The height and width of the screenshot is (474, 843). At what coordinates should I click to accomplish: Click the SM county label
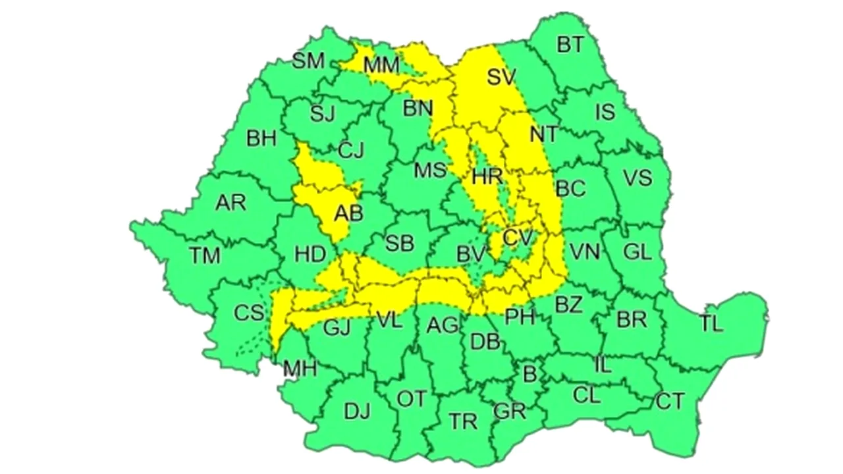(308, 61)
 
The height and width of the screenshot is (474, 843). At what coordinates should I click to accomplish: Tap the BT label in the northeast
(570, 45)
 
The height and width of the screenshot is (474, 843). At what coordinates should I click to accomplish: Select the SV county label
(503, 77)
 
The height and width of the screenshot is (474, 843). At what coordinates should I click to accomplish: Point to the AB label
(348, 213)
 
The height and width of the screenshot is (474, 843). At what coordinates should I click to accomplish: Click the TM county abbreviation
(205, 255)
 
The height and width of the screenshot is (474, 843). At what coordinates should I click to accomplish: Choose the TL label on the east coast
(711, 323)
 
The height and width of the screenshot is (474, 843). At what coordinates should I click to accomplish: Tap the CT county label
(670, 400)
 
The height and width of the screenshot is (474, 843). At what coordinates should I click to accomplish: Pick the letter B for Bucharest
(529, 375)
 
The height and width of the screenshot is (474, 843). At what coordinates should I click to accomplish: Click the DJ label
(357, 411)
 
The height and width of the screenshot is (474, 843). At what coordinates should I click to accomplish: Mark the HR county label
(487, 176)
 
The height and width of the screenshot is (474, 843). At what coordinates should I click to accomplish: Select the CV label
(517, 236)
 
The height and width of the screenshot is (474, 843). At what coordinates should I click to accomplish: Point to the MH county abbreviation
(300, 369)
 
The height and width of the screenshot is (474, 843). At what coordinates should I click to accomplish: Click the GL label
(637, 251)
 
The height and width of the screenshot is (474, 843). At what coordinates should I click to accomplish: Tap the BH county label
(261, 139)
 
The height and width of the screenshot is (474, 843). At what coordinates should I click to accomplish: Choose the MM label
(381, 65)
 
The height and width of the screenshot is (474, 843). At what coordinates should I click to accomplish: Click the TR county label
(462, 421)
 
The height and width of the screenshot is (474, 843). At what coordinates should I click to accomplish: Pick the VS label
(637, 178)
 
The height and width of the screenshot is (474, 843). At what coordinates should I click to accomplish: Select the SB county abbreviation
(399, 243)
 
